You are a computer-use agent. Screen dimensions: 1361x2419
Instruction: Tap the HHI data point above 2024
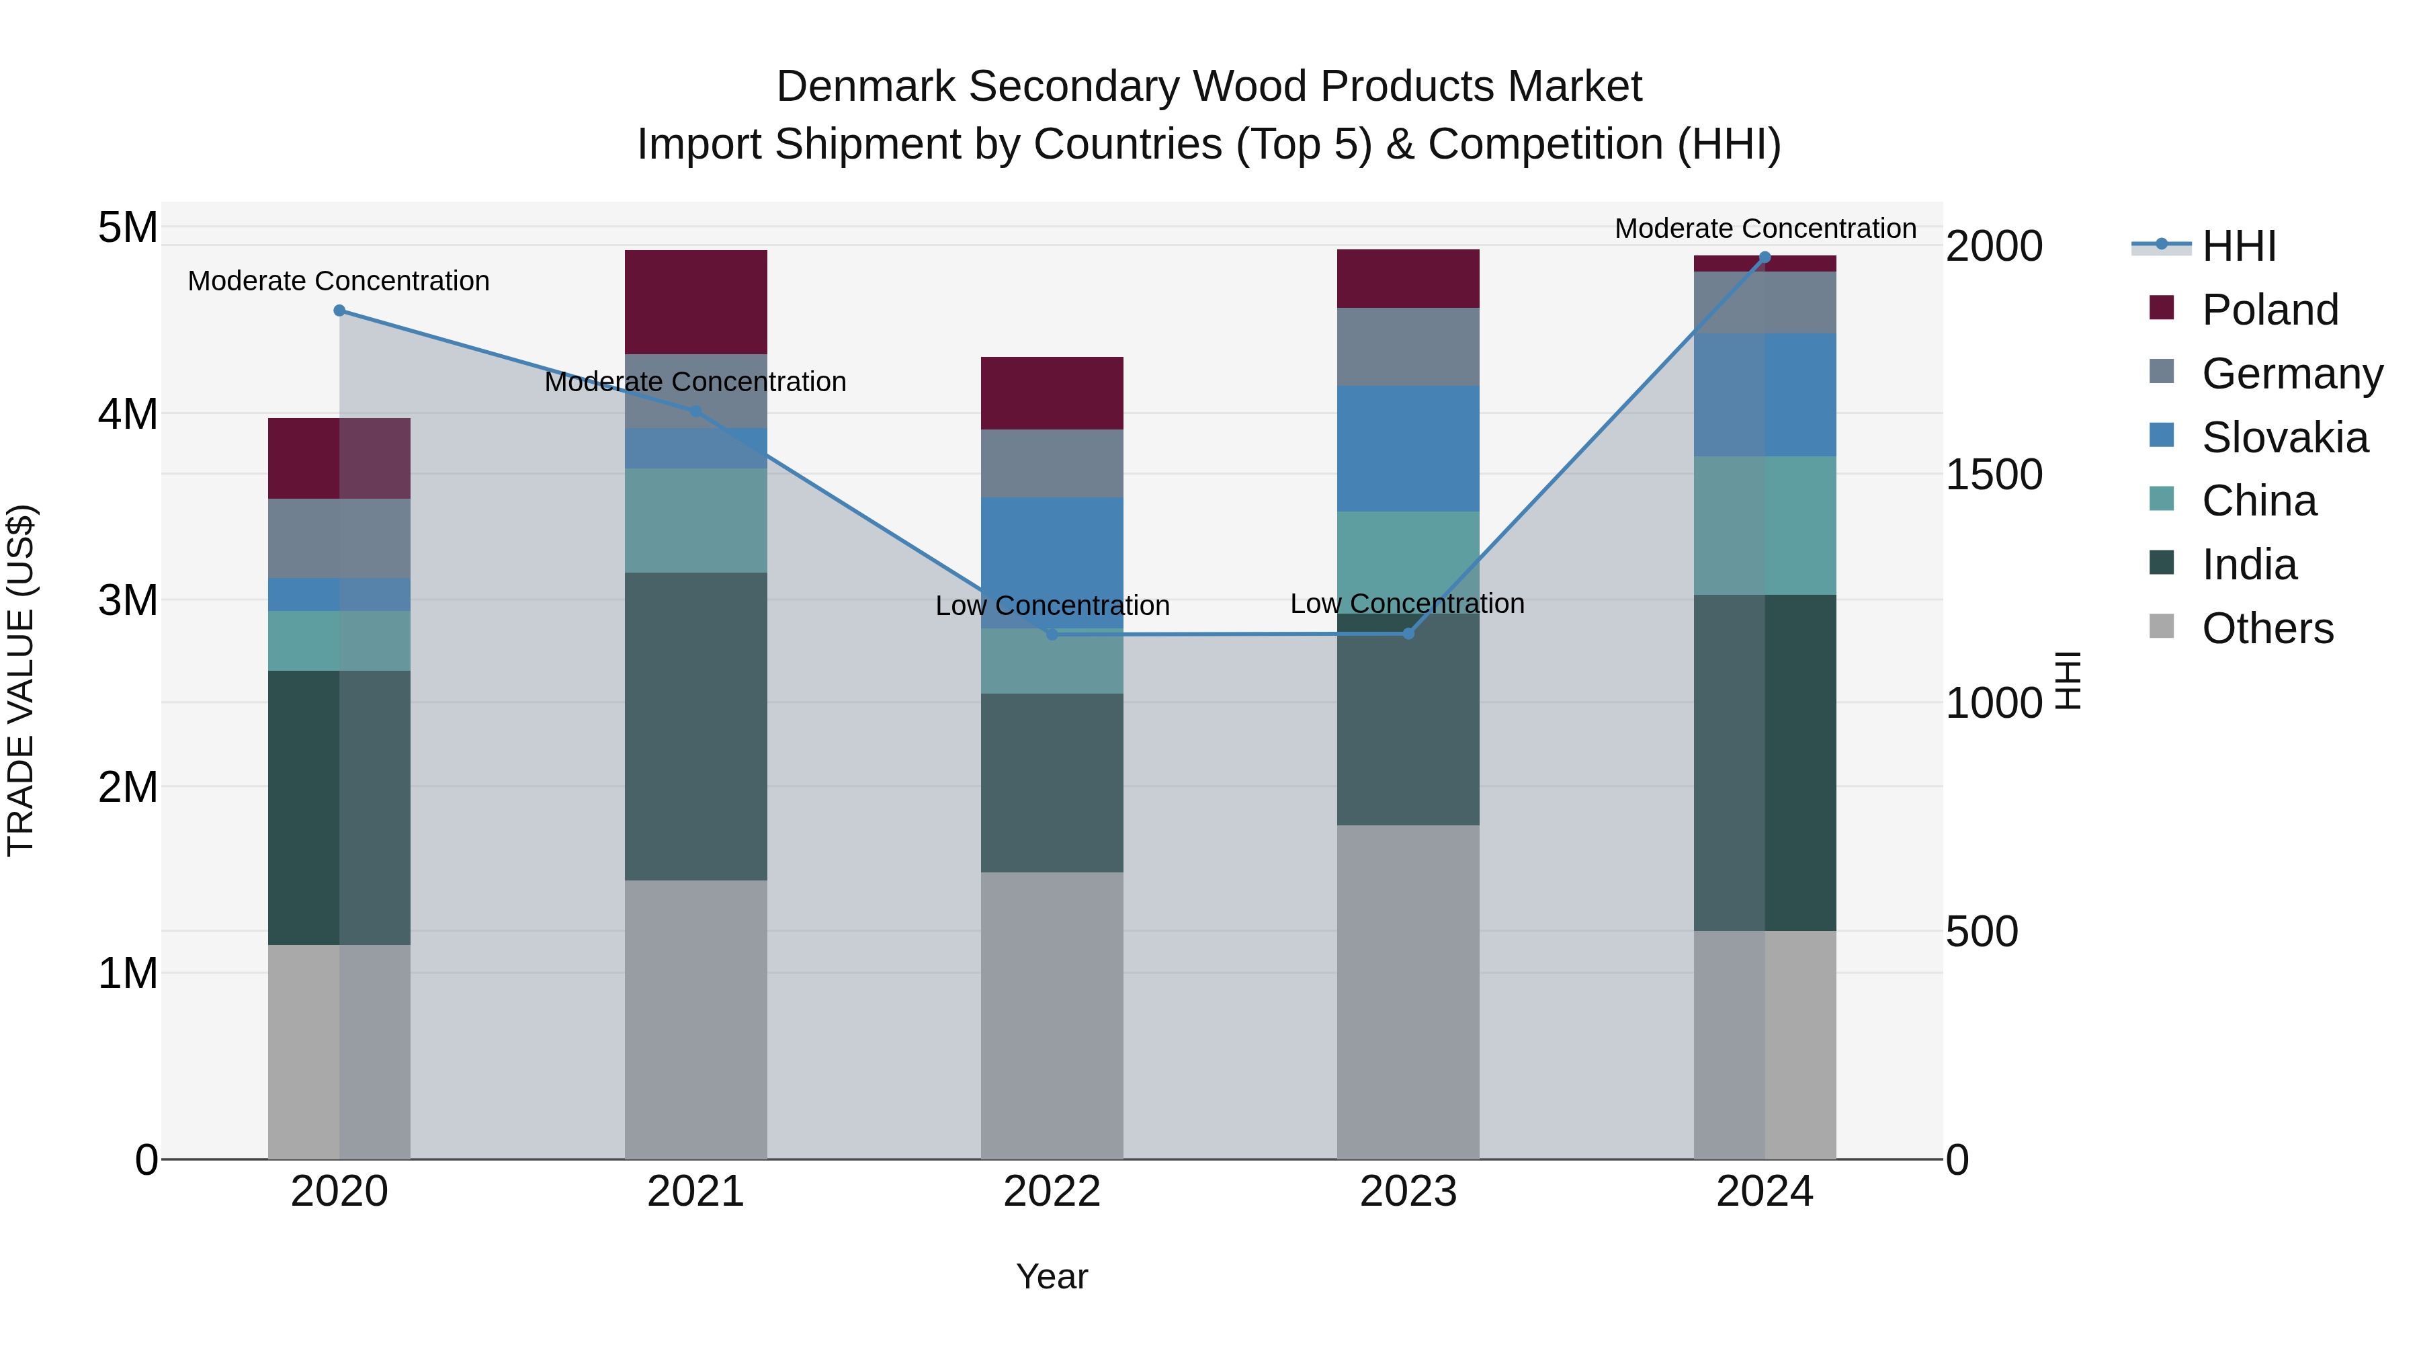tap(1765, 257)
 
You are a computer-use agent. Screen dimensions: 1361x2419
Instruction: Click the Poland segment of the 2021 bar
tap(696, 302)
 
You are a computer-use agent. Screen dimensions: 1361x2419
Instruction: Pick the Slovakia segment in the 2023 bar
tap(1408, 448)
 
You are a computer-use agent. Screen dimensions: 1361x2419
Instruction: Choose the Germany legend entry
tap(2291, 374)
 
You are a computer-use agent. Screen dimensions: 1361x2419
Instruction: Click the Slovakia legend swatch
tap(2162, 436)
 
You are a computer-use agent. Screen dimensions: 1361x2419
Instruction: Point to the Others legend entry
tap(2267, 628)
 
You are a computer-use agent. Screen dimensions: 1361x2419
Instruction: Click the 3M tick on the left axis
tap(128, 600)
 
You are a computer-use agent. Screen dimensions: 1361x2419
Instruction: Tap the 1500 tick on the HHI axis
tap(1993, 475)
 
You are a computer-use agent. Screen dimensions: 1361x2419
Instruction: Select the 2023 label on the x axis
tap(1408, 1192)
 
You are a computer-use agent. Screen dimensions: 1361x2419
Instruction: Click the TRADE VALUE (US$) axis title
tap(21, 680)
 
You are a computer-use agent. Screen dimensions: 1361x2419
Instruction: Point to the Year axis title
tap(1052, 1276)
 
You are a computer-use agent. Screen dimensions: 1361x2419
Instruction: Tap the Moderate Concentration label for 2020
tap(339, 281)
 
